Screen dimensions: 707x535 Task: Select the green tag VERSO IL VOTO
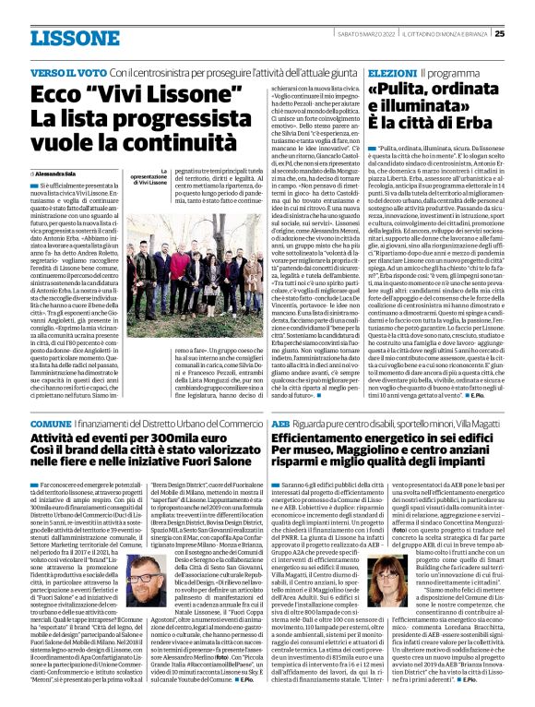67,71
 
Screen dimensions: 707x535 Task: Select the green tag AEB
281,422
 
